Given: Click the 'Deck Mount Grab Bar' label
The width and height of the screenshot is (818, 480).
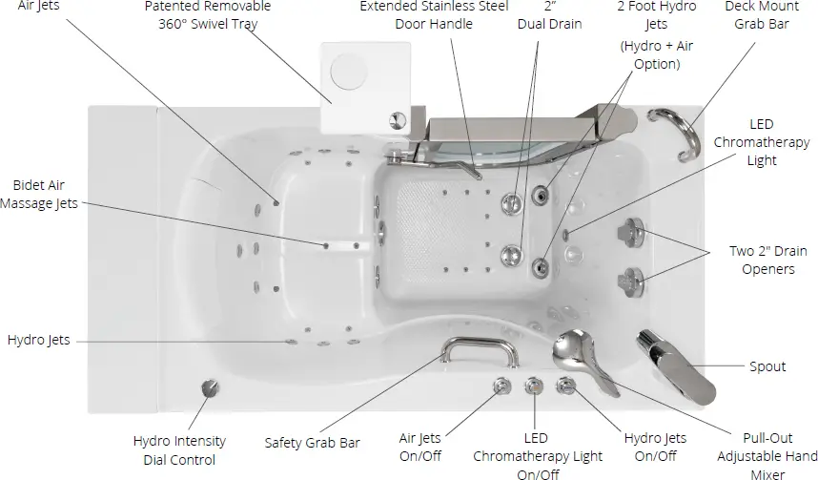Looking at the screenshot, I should [x=761, y=14].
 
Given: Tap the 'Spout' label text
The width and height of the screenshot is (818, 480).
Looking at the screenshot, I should [x=767, y=366].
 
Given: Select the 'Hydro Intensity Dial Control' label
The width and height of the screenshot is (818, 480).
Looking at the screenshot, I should [x=180, y=450].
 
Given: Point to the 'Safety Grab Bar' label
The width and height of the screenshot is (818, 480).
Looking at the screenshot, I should [x=312, y=443].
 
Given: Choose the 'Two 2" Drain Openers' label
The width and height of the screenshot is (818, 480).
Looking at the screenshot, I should [x=761, y=260].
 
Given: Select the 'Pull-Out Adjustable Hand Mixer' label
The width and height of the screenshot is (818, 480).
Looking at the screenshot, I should [x=767, y=456].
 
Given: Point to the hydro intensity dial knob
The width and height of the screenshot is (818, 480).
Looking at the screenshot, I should [x=208, y=389].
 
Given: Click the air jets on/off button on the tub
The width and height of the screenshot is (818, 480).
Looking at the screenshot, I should [x=500, y=386].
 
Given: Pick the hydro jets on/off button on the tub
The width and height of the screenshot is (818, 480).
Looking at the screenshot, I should [x=566, y=386].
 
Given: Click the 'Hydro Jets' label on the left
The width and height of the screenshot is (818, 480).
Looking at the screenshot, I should [x=38, y=341].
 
